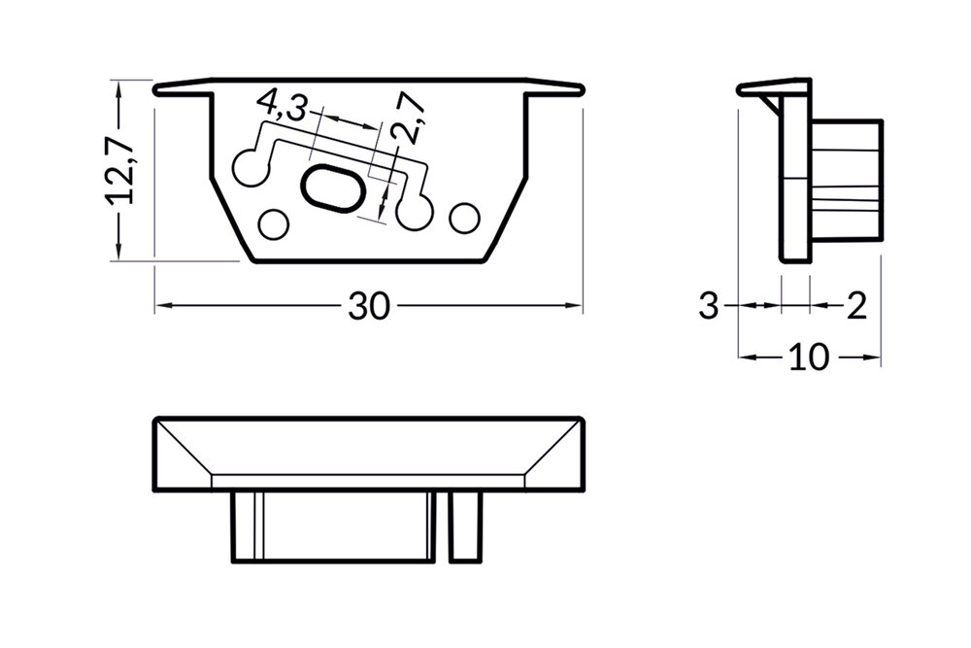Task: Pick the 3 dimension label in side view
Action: click(710, 307)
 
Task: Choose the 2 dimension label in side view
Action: click(855, 307)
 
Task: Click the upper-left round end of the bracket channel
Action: click(251, 165)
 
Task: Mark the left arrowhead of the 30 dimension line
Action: click(161, 307)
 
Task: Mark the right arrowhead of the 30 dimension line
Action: click(576, 307)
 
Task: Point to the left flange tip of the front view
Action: click(158, 89)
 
